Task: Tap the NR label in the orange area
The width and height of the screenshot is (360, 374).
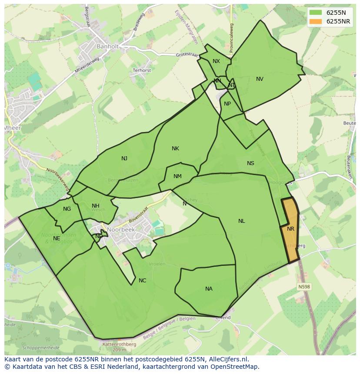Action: coord(290,229)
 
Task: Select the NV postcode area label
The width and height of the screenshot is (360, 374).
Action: coord(260,79)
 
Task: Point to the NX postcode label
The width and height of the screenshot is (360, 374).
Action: coord(216,61)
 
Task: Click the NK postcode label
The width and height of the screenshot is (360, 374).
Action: coord(175,149)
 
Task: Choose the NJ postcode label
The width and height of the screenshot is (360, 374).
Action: coord(124,159)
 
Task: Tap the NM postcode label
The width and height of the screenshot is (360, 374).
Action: coord(177,176)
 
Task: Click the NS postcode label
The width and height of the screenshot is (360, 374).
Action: coord(250,163)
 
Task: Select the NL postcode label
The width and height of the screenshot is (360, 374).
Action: coord(241,221)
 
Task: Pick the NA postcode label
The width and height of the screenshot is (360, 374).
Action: coord(209,289)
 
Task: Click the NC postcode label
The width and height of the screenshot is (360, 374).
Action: coord(142,281)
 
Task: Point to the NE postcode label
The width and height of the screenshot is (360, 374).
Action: coord(57,238)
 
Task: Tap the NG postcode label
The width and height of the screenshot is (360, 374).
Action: coord(67,209)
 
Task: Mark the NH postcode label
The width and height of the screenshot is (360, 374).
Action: coord(96,206)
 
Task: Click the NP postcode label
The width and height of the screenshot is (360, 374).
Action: coord(227,104)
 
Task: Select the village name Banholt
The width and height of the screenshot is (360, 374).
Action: coord(107,46)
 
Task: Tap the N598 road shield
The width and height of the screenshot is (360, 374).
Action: coord(304,287)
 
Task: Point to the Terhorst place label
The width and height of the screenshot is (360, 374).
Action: coord(142,70)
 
